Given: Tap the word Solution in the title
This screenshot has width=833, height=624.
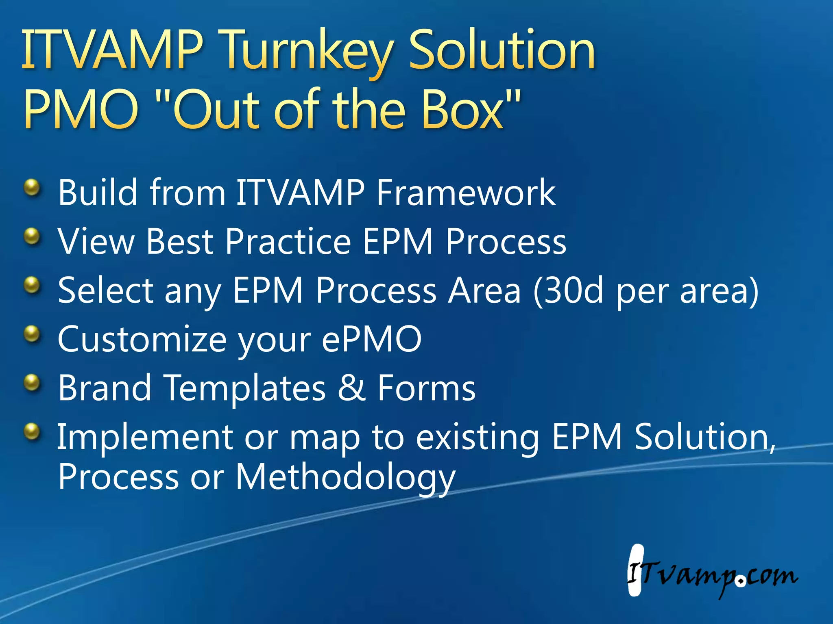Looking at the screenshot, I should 502,50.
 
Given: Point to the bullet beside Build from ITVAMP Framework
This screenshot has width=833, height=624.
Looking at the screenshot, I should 32,188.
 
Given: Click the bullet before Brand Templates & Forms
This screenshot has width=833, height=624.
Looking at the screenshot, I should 32,383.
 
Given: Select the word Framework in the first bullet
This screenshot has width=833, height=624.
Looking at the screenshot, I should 465,193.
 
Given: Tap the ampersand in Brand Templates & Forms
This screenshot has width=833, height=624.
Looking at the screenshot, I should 351,388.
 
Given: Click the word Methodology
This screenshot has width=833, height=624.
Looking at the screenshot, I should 345,478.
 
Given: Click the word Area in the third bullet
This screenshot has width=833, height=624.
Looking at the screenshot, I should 484,290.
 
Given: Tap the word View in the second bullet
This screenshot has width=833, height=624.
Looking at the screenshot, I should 96,241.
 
